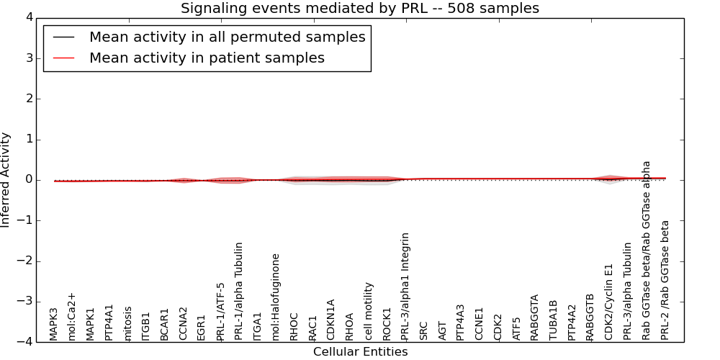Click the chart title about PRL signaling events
click(359, 9)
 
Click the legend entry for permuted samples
click(227, 37)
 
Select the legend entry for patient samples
click(207, 58)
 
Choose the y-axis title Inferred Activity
click(6, 180)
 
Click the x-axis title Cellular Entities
click(360, 352)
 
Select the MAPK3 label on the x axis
click(54, 324)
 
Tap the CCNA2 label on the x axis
click(184, 323)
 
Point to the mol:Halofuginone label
click(276, 297)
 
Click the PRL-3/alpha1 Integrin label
click(405, 286)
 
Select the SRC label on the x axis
click(424, 330)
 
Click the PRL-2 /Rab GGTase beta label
click(665, 280)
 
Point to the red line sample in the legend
click(63, 58)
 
